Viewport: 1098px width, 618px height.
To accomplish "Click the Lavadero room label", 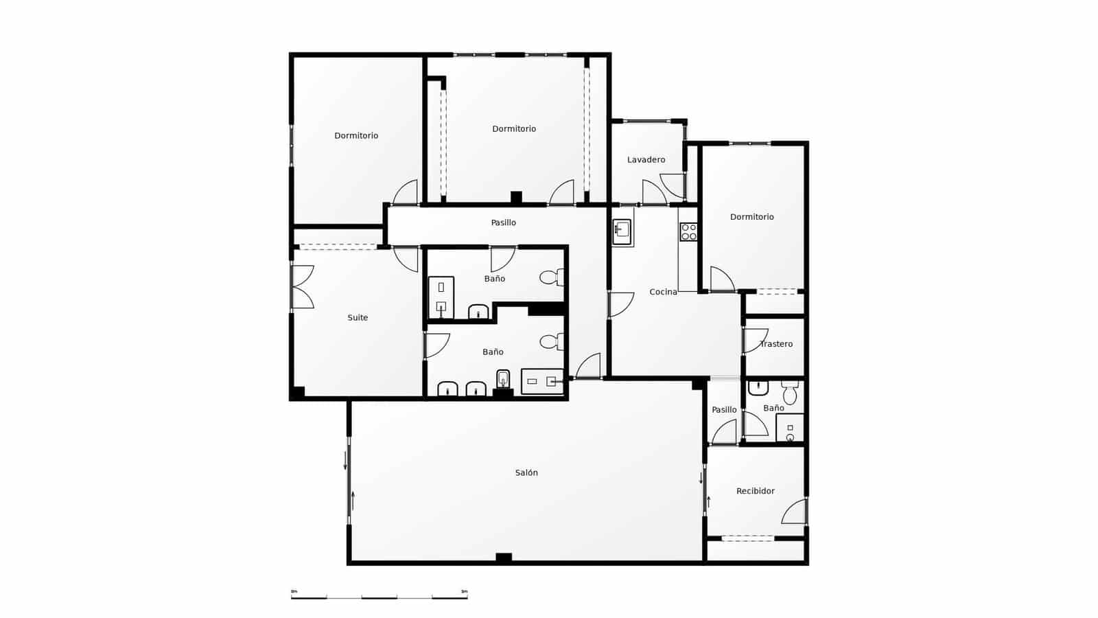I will click(646, 160).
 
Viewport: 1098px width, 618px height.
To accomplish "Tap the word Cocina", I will click(663, 292).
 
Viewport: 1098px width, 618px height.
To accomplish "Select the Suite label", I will click(358, 318).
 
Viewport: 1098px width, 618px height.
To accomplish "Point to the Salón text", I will click(526, 473).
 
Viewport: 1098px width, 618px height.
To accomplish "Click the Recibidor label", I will click(755, 491).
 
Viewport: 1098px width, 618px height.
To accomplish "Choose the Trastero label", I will click(776, 344).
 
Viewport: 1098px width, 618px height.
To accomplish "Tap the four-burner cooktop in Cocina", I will click(688, 232).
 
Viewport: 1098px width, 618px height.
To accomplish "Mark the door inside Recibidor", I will click(795, 512).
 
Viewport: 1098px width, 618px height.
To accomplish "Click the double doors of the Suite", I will click(302, 286).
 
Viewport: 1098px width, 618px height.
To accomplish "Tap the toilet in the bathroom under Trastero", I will click(790, 393).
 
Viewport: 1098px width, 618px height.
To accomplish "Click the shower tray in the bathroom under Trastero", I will click(790, 427).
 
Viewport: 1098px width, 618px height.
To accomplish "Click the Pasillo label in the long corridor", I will click(503, 222).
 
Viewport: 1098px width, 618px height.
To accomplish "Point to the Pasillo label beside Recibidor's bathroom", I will click(724, 410).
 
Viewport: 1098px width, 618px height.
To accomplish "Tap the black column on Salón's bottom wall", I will click(504, 558).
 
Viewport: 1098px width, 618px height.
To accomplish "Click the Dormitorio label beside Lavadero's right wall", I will click(751, 217).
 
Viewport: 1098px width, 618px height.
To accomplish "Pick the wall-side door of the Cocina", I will click(620, 304).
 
